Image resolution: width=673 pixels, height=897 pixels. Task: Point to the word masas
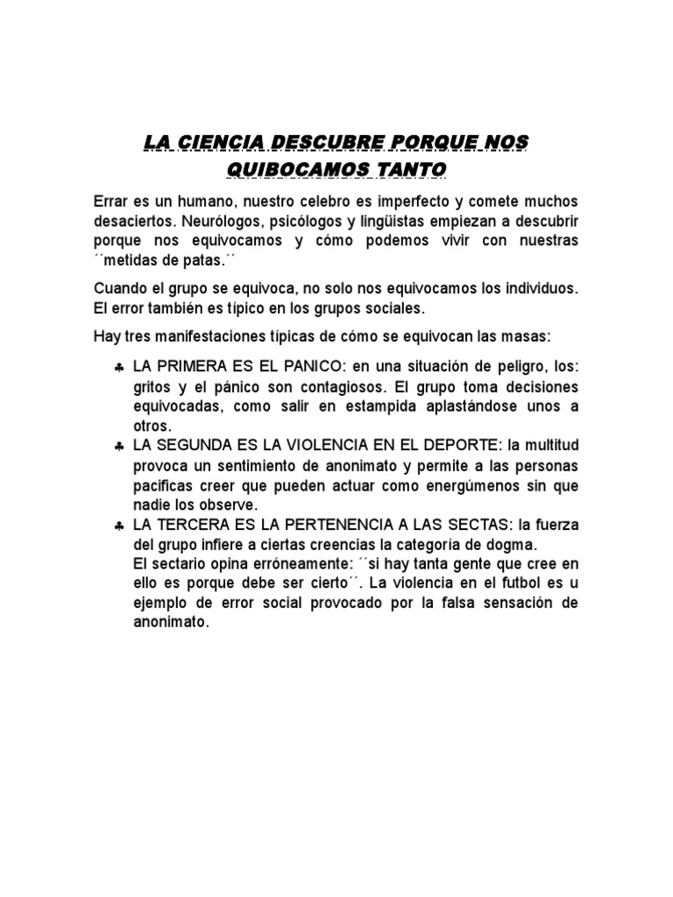pos(519,336)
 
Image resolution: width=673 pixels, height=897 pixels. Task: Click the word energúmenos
pos(473,485)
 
